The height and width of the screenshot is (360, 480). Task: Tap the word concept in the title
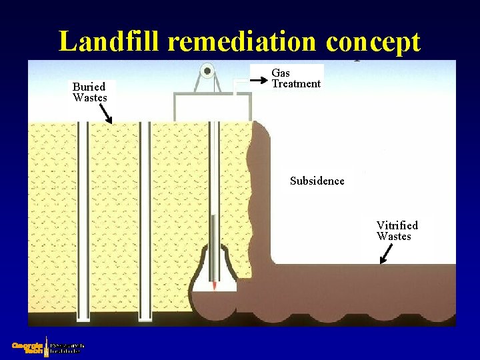tap(373, 41)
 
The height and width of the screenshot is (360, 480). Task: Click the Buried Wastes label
tap(89, 92)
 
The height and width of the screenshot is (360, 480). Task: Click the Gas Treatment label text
tap(295, 78)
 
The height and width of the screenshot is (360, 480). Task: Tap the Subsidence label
tap(317, 181)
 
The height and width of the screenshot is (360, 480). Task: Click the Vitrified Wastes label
tap(397, 231)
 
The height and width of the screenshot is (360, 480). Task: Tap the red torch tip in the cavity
tap(214, 285)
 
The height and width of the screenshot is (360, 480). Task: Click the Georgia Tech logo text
tap(27, 347)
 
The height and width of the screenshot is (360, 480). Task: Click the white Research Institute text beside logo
tap(67, 347)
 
